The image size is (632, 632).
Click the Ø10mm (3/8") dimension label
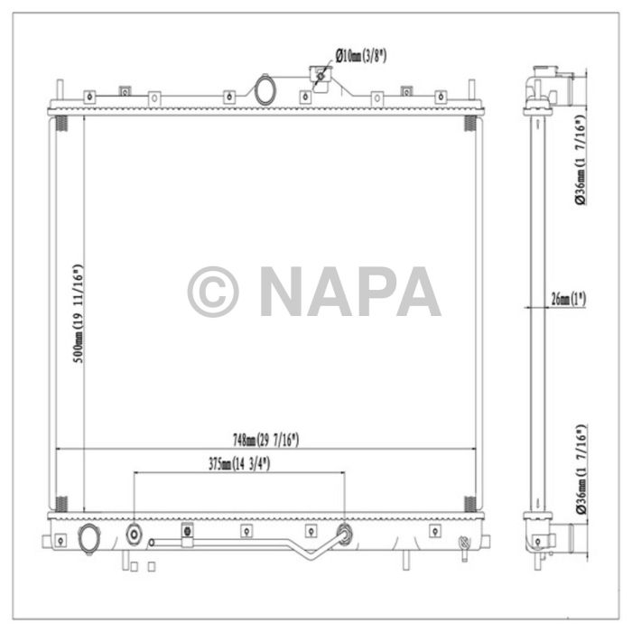[x=361, y=56]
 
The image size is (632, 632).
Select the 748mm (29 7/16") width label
[x=265, y=440]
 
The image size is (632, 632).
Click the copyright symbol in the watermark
[x=213, y=292]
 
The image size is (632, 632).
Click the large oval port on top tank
[x=266, y=90]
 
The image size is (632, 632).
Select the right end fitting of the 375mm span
[x=344, y=534]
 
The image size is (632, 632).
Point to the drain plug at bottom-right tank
[x=464, y=544]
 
